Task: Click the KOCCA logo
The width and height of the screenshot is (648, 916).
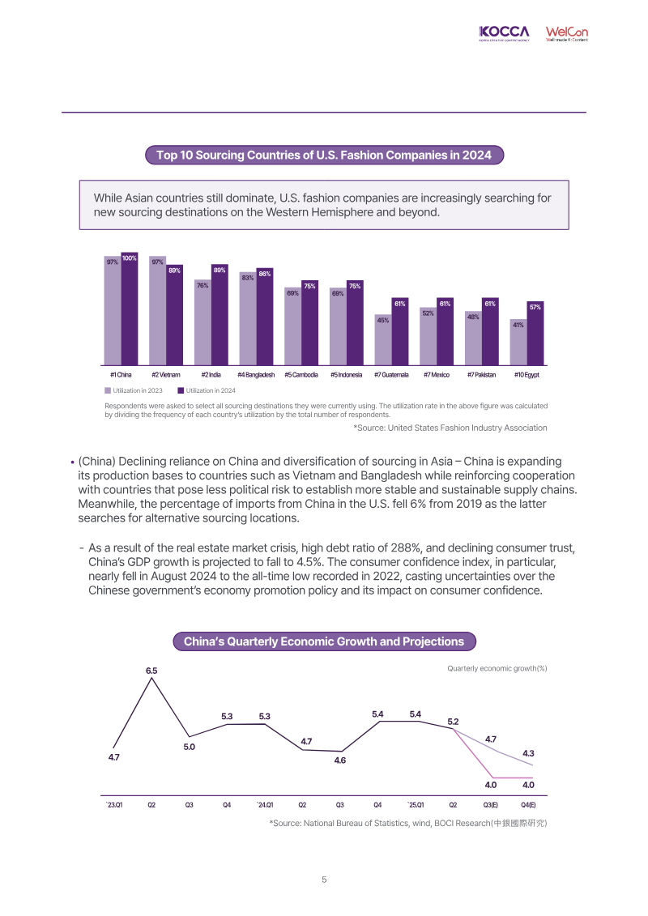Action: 504,33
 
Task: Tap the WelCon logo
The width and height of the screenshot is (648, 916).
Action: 567,33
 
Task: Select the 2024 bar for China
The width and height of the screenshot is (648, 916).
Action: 130,309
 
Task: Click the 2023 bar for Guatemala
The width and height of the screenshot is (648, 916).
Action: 383,340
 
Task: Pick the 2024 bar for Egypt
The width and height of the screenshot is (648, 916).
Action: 535,334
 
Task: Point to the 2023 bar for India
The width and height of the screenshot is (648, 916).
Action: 202,322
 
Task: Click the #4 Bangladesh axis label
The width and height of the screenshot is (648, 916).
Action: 256,375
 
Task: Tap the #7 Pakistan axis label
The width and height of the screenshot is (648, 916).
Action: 481,375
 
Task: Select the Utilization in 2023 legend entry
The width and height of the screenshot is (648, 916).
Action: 134,391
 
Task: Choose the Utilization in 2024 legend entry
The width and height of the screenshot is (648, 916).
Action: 207,391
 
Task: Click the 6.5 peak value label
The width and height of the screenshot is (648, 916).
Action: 151,671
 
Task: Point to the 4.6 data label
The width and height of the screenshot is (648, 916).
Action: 340,760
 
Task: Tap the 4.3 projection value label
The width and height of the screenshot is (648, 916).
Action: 528,753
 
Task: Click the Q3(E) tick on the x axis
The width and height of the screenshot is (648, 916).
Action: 491,805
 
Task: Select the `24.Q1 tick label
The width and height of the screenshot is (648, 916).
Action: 265,805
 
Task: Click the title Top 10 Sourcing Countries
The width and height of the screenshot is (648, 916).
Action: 324,156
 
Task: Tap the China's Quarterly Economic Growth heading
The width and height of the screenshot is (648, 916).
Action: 324,641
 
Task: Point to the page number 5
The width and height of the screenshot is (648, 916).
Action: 324,880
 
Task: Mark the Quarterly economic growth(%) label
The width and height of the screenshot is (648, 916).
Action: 497,668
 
